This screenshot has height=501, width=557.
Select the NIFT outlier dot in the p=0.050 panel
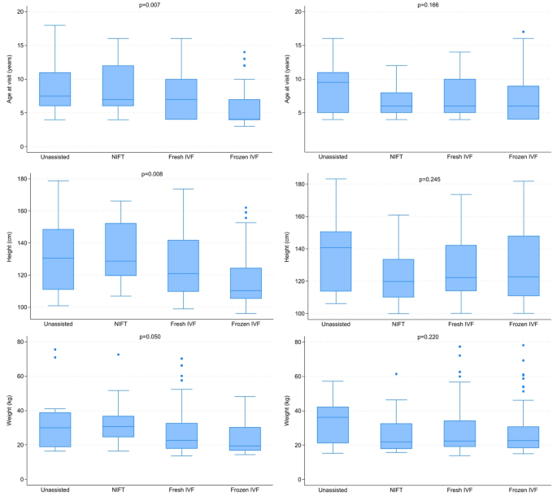click(x=118, y=355)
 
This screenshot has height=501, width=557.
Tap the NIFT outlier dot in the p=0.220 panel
click(x=397, y=374)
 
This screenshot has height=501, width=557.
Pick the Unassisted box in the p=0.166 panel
click(x=333, y=93)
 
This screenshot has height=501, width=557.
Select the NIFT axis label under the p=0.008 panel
click(x=118, y=325)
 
